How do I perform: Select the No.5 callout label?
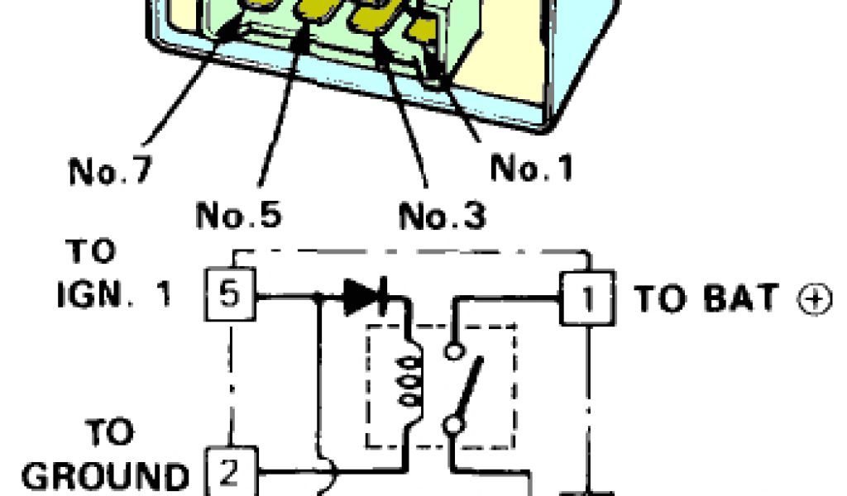click(x=238, y=214)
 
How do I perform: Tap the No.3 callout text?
click(x=443, y=216)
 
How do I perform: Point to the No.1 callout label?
click(x=532, y=168)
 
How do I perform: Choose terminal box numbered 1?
click(x=588, y=298)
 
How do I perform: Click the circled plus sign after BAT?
click(x=816, y=299)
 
